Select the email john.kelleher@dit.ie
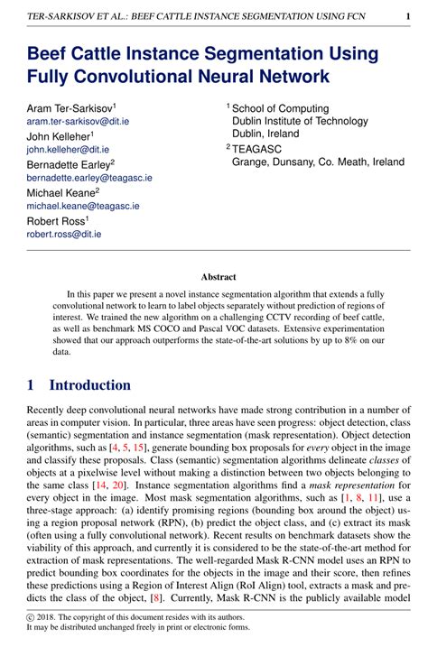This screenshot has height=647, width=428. coord(68,149)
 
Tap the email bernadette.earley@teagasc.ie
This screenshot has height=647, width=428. coord(89,178)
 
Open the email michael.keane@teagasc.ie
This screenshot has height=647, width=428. coord(81,206)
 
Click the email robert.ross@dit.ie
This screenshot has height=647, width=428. coord(63,234)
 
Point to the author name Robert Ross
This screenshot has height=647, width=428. coord(56,220)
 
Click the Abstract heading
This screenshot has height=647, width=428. coord(218,278)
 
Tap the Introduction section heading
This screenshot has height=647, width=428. coord(89,384)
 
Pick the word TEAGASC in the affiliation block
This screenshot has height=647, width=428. coord(260,148)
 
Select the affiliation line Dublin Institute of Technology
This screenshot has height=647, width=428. coord(296,121)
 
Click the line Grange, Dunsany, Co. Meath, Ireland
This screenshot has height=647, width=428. coord(319,162)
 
